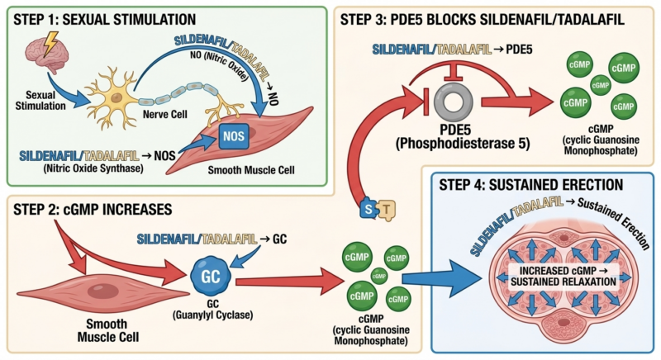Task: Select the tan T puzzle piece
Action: coord(385,211)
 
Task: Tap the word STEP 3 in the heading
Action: coord(364,18)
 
